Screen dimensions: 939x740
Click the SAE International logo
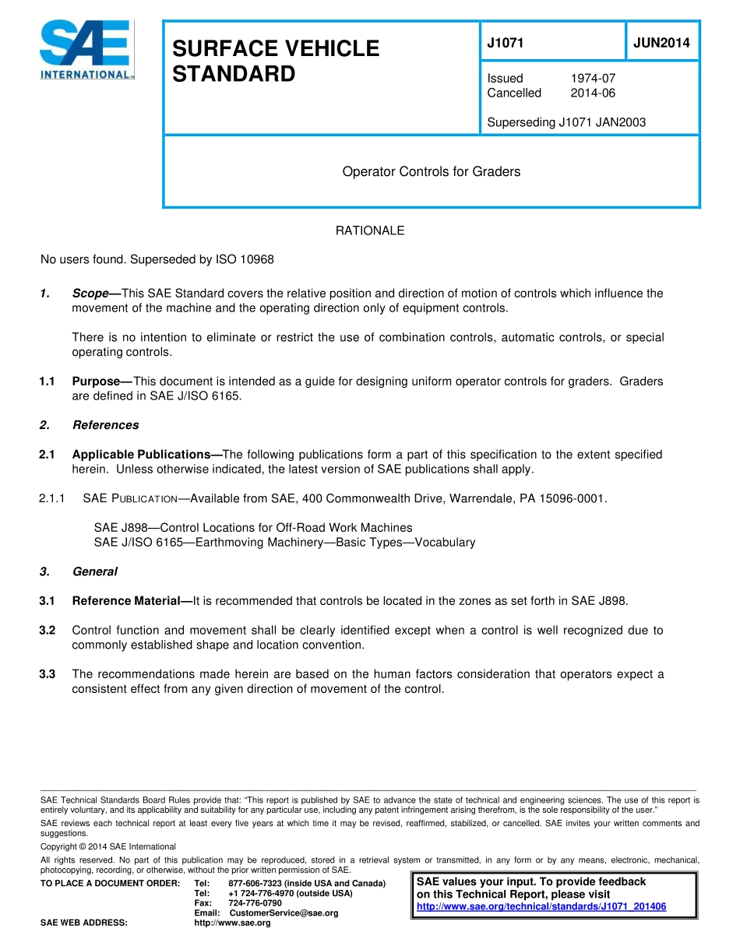[x=86, y=50]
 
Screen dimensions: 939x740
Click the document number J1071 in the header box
[x=505, y=44]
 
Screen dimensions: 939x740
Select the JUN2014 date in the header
[x=661, y=44]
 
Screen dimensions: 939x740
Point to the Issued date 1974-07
[x=593, y=79]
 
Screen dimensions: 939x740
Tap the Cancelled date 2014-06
[x=593, y=93]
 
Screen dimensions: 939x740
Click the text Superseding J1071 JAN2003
[x=566, y=122]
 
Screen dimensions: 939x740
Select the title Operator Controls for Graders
[x=431, y=171]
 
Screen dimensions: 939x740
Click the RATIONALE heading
[x=370, y=230]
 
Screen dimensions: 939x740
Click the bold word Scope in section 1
[x=90, y=294]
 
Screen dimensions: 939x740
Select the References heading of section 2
[x=105, y=425]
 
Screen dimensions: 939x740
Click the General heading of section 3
[x=94, y=571]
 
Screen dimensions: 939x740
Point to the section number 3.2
[x=47, y=630]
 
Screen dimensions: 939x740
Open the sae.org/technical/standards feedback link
[x=541, y=907]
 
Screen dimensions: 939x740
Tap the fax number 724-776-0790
[x=255, y=903]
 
